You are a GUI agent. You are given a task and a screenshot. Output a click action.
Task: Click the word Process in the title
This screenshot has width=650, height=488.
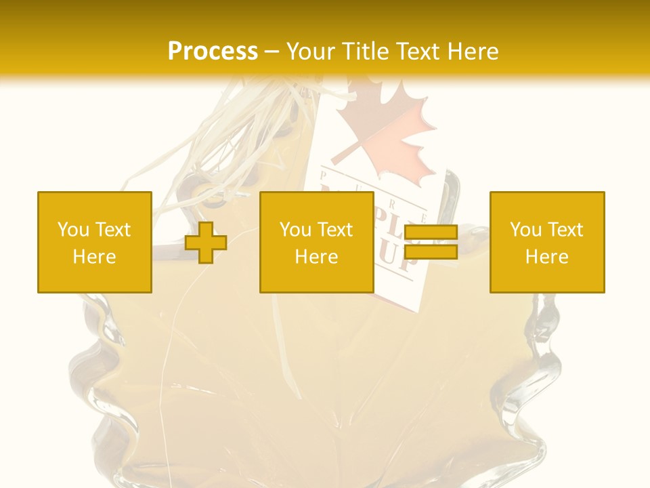[213, 52]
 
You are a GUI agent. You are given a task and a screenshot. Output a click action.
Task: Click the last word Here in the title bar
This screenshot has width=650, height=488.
[470, 52]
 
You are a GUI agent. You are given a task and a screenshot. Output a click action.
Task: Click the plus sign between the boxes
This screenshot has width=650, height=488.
[206, 243]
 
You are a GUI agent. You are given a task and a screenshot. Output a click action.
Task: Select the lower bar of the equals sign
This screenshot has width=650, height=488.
[431, 252]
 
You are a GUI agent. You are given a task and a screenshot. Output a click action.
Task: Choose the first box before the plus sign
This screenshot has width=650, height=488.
[95, 242]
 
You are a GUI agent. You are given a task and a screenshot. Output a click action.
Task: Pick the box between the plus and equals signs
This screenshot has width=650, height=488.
[317, 242]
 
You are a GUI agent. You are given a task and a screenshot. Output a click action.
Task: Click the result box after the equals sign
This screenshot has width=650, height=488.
[547, 242]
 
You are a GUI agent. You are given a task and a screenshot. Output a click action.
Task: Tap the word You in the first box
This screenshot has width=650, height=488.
[73, 230]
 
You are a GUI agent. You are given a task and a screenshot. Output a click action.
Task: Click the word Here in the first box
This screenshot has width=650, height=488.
[95, 257]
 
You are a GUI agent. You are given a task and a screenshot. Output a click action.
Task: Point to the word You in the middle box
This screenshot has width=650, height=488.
[295, 230]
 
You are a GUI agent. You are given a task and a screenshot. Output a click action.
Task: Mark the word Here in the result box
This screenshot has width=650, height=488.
[547, 257]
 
